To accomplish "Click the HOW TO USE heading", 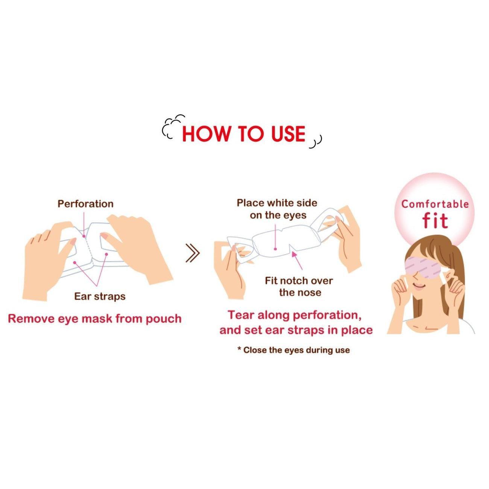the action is point(244,134).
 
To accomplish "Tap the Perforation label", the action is point(85,204).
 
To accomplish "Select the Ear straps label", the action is point(100,296).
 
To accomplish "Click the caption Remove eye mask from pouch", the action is point(95,319).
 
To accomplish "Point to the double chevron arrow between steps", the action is point(193,253).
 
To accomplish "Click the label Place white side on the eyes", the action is point(277,209).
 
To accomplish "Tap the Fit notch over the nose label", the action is point(299,287).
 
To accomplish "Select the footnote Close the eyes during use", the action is point(293,350).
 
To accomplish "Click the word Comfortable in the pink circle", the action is point(435,204).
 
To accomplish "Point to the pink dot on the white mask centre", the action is point(275,249).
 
